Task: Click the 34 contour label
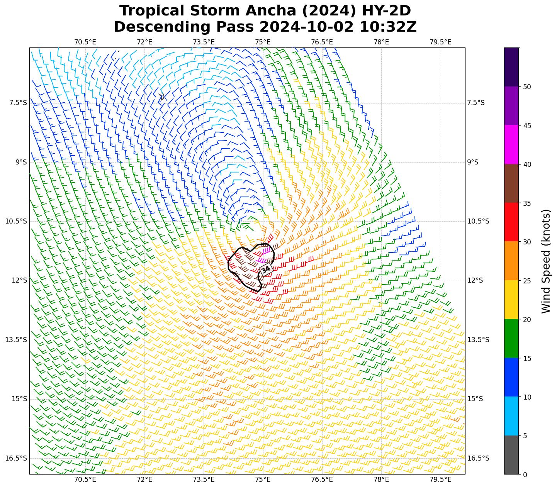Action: (x=266, y=269)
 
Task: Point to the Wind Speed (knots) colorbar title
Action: (x=545, y=261)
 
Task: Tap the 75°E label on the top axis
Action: (x=263, y=42)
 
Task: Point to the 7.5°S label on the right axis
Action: (x=476, y=103)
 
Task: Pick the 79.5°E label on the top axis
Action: (x=440, y=42)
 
